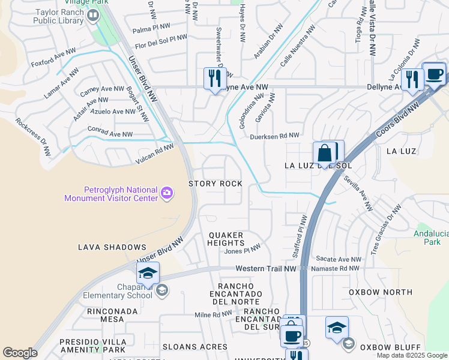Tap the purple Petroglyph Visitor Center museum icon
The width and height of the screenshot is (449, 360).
point(167,193)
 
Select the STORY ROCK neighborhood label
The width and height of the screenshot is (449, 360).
point(215,184)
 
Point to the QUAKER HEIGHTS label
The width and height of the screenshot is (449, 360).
point(226,239)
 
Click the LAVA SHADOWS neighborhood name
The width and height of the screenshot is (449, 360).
point(112,247)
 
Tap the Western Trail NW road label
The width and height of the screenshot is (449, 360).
point(266,268)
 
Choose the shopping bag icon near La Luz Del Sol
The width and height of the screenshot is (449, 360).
point(324,154)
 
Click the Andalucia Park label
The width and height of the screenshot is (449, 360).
point(431,238)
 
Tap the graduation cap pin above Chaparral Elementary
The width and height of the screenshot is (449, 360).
point(148,274)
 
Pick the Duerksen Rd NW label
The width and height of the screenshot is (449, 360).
point(274,137)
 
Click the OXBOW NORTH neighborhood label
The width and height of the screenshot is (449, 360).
point(381,292)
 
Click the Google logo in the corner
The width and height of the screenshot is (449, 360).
point(20,353)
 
